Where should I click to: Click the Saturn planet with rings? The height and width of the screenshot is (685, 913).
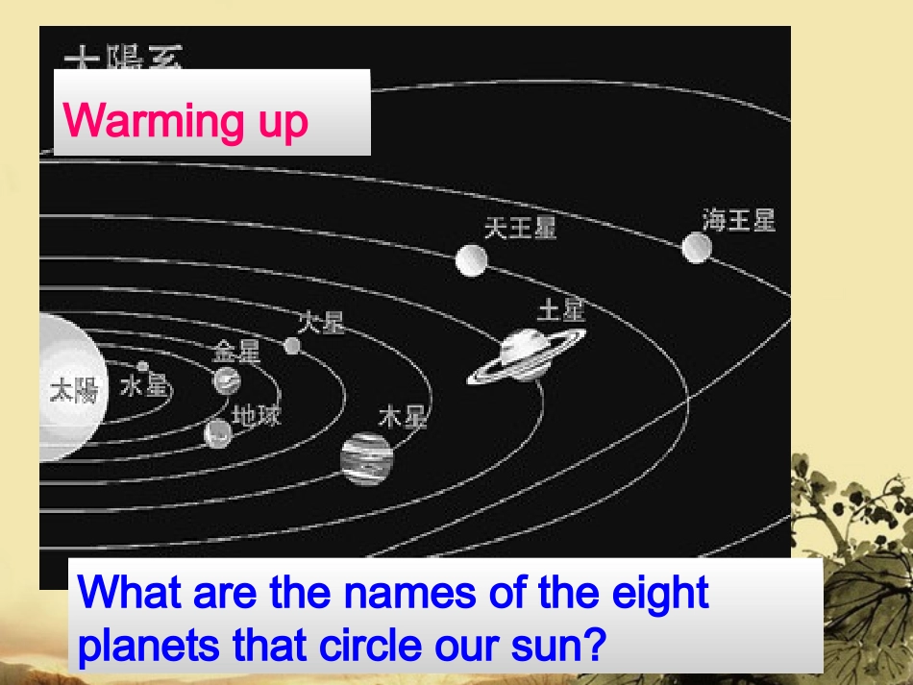tap(525, 354)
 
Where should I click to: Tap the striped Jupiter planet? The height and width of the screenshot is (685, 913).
tap(367, 458)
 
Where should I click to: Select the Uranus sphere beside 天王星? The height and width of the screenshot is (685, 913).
tap(471, 259)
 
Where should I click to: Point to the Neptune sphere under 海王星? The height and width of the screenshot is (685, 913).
tap(697, 248)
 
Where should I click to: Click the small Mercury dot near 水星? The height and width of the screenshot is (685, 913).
tap(143, 366)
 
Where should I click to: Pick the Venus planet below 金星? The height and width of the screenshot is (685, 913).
tap(227, 380)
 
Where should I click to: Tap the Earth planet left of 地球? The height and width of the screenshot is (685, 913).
tap(218, 433)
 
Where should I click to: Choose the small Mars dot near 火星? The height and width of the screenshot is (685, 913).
tap(292, 345)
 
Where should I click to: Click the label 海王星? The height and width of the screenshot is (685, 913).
tap(738, 220)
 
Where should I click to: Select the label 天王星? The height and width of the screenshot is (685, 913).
tap(520, 228)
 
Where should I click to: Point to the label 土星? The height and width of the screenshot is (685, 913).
tap(561, 309)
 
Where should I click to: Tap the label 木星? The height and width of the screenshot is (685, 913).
tap(403, 417)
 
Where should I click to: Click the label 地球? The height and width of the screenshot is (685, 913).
tap(257, 415)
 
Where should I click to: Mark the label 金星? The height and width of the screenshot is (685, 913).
tap(236, 352)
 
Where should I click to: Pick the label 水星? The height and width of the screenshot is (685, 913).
tap(144, 387)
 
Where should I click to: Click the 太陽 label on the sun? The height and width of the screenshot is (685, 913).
tap(74, 390)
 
